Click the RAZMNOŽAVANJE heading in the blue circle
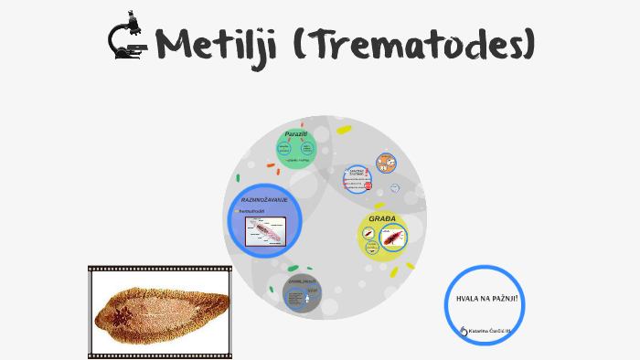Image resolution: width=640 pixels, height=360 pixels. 264,199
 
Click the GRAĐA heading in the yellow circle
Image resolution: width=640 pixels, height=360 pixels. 381,219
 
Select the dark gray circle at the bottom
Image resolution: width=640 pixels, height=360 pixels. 302,294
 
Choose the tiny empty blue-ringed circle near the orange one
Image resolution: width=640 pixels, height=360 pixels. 395,188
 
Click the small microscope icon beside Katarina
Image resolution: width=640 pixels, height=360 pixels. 464,331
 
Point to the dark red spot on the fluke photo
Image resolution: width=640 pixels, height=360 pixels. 120,315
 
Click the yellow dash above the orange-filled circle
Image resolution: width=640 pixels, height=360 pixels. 344,130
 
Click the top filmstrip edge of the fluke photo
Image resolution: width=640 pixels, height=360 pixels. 161,270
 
